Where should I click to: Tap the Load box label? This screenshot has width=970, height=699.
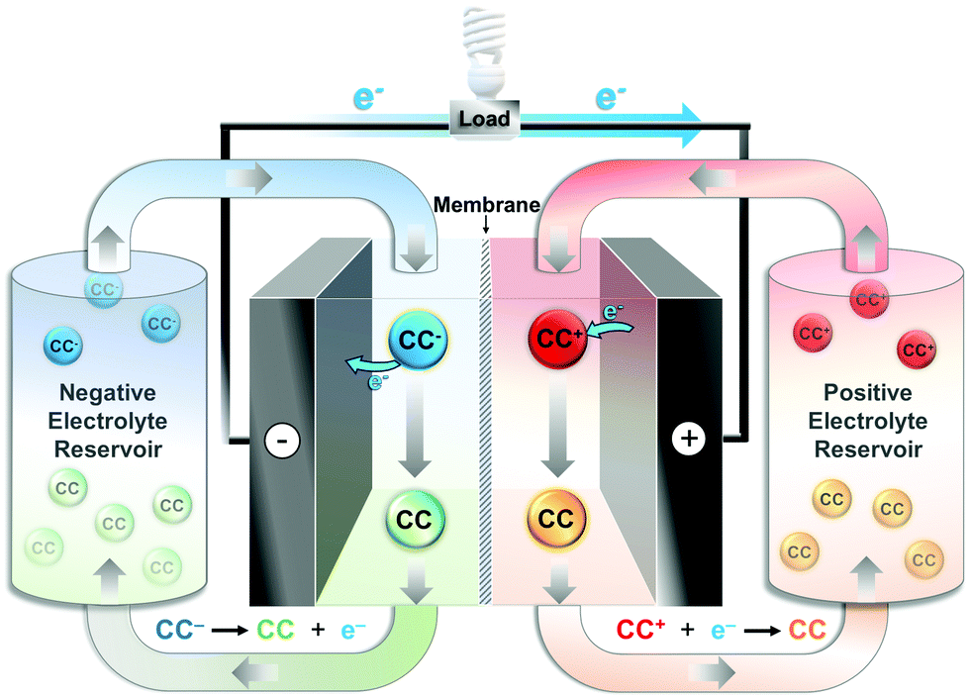484,119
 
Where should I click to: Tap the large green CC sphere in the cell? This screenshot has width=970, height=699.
416,519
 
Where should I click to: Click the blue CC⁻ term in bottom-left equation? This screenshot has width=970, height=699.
180,630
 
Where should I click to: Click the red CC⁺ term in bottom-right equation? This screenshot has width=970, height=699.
643,630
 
